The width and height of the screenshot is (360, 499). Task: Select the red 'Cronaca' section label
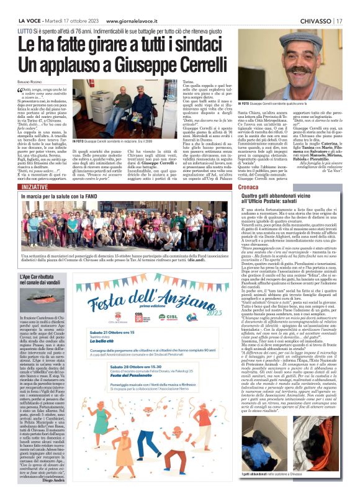(252, 186)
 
